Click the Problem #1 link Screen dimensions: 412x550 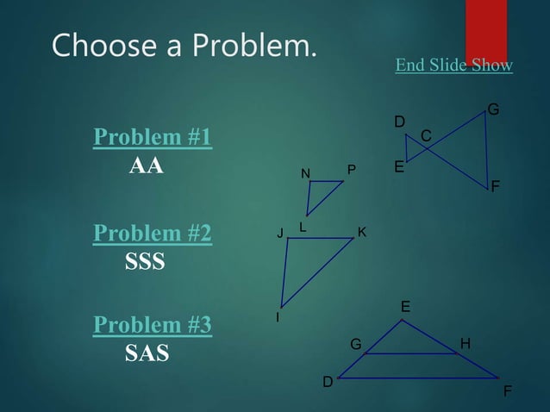153,138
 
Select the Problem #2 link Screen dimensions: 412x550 153,234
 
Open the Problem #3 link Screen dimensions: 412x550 153,325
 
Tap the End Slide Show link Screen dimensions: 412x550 453,66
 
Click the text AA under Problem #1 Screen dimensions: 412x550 146,165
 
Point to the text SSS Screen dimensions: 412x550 145,261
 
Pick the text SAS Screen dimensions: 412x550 147,353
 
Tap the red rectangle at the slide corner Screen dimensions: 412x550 485,30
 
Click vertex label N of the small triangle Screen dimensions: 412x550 305,174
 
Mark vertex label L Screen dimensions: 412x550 303,226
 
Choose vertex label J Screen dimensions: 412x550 279,233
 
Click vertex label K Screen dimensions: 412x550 362,232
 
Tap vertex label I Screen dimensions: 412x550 277,318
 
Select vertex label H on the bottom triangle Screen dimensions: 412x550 466,344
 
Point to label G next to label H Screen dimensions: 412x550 355,345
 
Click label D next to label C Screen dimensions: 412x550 399,122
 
